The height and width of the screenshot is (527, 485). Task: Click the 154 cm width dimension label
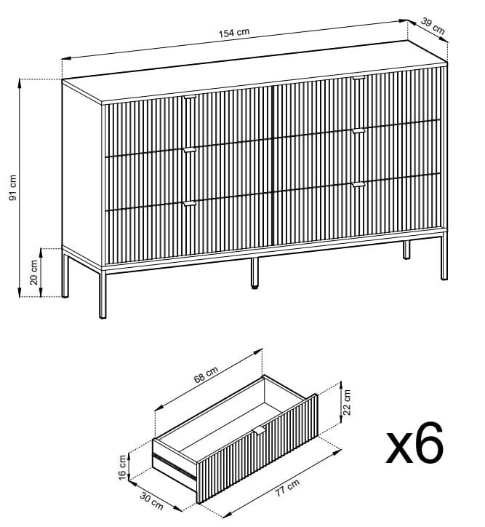click(234, 32)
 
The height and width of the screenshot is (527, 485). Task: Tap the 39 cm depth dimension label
click(433, 28)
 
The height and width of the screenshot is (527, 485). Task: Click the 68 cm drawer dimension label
click(207, 376)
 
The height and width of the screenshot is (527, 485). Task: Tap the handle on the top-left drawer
click(190, 96)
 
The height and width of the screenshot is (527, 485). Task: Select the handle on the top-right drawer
click(358, 77)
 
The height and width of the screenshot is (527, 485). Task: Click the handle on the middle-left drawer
click(190, 150)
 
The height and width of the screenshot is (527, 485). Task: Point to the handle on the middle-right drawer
click(358, 131)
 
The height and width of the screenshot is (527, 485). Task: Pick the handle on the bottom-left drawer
click(190, 203)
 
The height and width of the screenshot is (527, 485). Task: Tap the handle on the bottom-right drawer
click(358, 185)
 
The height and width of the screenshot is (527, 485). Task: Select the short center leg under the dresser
click(254, 273)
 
